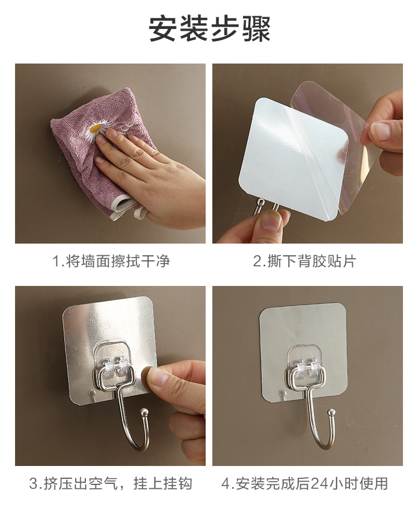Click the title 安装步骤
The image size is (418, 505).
pos(210,28)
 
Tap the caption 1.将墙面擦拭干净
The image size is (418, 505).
pos(111,261)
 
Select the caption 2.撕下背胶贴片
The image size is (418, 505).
pos(304,261)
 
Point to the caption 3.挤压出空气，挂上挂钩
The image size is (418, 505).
pos(110,483)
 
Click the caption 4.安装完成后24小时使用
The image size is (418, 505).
pos(304,483)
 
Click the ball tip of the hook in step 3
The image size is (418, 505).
pos(144,412)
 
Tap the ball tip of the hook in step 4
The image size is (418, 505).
pos(330,412)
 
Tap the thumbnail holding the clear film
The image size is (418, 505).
pos(381,131)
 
